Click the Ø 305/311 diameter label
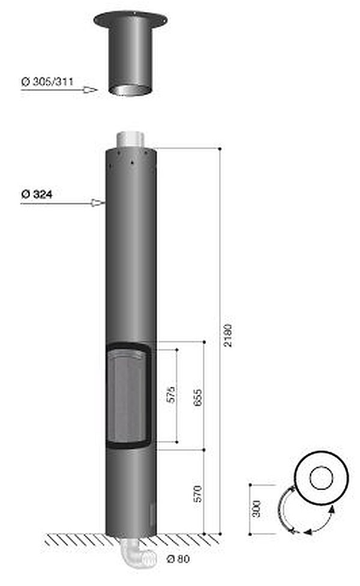click(x=47, y=82)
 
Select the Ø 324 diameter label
click(x=37, y=194)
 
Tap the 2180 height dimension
click(x=227, y=335)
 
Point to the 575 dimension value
click(x=171, y=394)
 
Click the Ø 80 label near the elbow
click(x=179, y=559)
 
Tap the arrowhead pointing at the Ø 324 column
click(x=98, y=203)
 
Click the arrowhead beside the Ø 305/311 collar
click(x=90, y=90)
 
